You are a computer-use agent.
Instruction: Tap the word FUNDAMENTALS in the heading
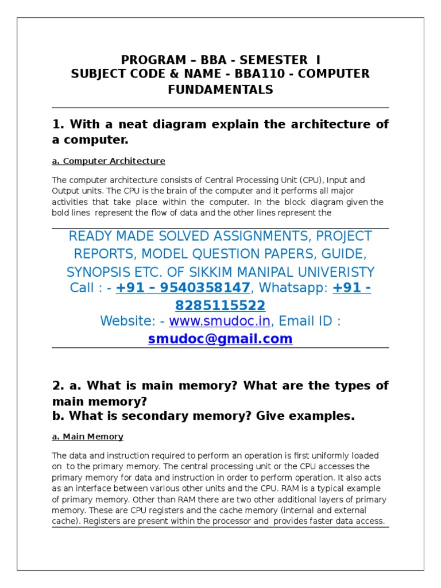click(x=220, y=90)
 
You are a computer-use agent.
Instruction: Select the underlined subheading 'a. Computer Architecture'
click(x=109, y=161)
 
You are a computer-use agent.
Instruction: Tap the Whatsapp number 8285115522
click(x=220, y=304)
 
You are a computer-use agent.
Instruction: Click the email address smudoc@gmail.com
click(x=220, y=339)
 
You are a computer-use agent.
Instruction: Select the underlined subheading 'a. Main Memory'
click(x=87, y=436)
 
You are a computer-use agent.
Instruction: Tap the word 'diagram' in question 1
click(x=198, y=124)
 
